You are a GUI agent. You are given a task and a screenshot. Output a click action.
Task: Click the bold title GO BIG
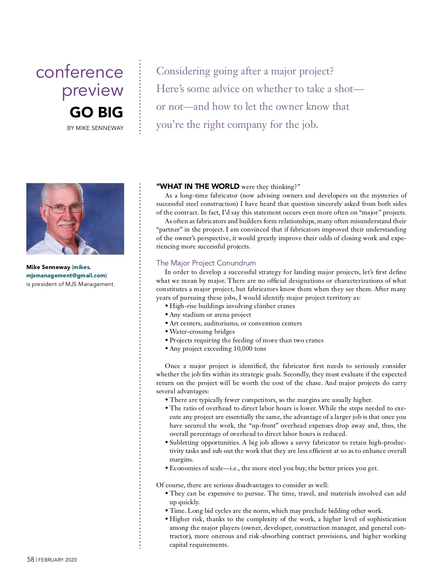[x=96, y=112]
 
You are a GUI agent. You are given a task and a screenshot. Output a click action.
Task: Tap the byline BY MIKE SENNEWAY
[x=95, y=128]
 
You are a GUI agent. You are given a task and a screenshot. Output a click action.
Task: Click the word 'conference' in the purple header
[x=79, y=72]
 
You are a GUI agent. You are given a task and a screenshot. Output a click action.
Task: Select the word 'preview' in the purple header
[x=92, y=90]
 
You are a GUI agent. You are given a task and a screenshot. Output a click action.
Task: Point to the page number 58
[x=31, y=559]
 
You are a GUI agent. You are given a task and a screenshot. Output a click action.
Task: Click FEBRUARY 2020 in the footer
[x=57, y=560]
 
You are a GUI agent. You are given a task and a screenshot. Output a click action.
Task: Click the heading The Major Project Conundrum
[x=206, y=263]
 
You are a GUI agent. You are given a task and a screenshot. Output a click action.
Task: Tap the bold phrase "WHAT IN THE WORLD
[x=198, y=186]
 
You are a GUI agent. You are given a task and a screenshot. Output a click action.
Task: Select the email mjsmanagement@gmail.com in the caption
[x=66, y=276]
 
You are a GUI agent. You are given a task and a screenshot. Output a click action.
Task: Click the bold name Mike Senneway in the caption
[x=48, y=267]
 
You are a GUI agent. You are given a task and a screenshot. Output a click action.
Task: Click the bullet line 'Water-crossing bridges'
[x=202, y=332]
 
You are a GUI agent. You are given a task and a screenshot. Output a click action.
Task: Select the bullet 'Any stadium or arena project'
[x=210, y=315]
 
